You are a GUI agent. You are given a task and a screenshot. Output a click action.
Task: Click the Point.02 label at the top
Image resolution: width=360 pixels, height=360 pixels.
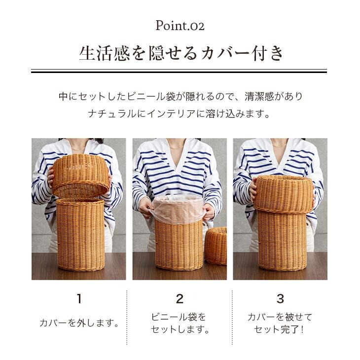180,25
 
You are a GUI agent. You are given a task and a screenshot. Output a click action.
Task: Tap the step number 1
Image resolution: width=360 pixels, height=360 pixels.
79,298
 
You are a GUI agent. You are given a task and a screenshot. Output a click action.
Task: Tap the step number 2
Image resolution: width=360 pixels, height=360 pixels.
180,298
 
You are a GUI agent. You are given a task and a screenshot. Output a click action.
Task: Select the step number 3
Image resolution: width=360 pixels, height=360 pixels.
280,298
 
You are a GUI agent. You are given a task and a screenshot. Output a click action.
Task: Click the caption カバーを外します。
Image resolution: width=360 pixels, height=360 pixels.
79,324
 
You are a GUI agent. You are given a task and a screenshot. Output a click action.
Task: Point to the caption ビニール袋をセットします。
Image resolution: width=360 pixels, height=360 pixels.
180,323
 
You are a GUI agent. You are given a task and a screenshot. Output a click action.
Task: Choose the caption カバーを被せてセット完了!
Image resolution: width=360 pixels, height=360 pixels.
280,323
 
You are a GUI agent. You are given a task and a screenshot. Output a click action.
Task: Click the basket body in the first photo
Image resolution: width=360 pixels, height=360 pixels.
80,234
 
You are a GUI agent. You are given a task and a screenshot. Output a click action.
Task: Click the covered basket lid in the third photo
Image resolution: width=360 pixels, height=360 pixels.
284,193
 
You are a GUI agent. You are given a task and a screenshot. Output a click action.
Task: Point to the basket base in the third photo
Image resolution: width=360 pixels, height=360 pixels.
282,241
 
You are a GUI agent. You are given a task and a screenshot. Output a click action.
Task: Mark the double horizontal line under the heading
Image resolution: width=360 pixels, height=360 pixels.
180,71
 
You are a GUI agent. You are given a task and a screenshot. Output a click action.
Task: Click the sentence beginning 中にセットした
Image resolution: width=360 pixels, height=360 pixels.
180,96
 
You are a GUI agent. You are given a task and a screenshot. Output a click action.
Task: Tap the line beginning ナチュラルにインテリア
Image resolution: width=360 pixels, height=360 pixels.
180,114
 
